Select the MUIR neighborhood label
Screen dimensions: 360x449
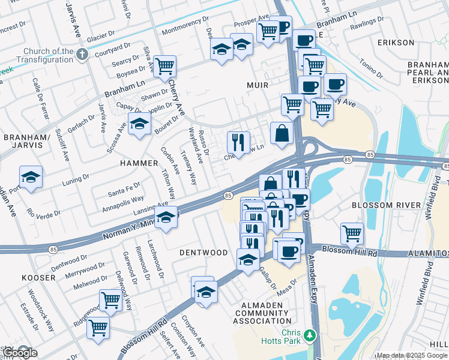(258, 85)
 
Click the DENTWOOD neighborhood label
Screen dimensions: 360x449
(203, 253)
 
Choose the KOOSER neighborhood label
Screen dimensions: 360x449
(38, 278)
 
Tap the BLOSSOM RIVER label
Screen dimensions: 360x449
(386, 205)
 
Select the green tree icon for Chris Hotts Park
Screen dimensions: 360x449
(310, 335)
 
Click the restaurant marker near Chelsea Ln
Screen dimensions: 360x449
(238, 143)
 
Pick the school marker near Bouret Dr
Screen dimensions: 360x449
(139, 124)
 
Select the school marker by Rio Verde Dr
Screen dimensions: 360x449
(31, 177)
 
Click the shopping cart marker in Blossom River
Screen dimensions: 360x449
(352, 233)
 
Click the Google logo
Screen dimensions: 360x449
(20, 353)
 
